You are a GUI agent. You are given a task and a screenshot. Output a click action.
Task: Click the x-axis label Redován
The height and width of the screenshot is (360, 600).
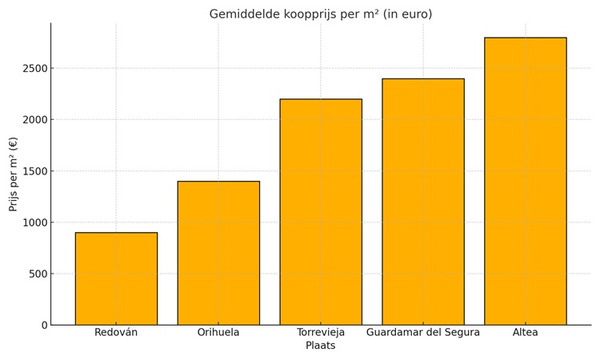tap(116, 332)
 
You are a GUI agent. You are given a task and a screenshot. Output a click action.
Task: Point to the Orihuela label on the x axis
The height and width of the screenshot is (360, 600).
tap(218, 332)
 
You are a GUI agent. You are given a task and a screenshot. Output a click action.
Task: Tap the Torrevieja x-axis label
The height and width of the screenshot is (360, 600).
tap(321, 332)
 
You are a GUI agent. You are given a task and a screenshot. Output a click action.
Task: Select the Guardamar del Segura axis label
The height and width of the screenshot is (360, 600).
tap(423, 332)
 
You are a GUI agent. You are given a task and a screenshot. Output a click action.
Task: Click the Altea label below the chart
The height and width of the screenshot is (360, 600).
tap(526, 332)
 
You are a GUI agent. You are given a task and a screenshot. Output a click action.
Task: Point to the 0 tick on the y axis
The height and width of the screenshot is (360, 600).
tap(44, 325)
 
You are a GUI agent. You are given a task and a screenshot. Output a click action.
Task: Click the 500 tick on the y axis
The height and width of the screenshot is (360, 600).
tap(37, 274)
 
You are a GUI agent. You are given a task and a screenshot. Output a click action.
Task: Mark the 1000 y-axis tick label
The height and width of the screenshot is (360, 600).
tap(34, 222)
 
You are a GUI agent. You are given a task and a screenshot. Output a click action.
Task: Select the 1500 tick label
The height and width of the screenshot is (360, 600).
tap(34, 171)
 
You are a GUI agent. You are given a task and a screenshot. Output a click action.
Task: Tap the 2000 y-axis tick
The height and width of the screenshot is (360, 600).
tap(34, 120)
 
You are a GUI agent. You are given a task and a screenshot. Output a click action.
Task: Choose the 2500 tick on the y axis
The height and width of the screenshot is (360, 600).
tap(34, 69)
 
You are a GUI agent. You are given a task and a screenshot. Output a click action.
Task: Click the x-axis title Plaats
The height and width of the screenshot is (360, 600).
tap(321, 346)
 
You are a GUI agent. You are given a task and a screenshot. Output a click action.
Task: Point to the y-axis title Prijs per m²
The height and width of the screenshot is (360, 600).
tap(14, 174)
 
